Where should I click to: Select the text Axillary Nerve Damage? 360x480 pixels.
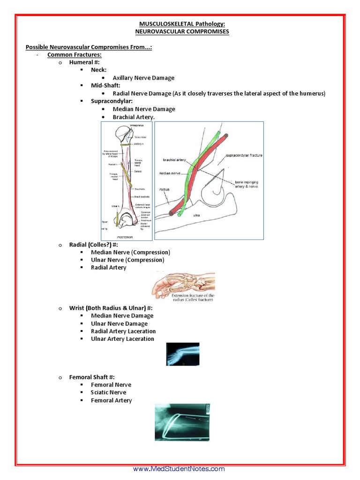tap(143, 78)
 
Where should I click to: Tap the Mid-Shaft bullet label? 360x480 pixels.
tap(105, 86)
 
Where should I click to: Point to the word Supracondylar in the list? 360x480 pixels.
tap(111, 101)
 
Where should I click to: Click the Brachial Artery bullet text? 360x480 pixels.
tap(133, 117)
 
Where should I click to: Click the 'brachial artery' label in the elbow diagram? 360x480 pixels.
tap(175, 160)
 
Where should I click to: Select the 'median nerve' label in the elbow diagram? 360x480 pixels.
tap(170, 173)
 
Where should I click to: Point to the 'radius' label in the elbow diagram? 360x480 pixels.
tap(164, 190)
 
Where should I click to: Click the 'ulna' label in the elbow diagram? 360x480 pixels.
tap(197, 216)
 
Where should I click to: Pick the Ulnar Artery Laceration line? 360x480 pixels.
tap(122, 339)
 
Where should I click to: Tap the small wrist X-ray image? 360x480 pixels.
tap(183, 354)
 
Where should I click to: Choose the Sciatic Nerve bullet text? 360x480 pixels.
tap(108, 392)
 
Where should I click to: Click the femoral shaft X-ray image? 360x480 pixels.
tap(182, 423)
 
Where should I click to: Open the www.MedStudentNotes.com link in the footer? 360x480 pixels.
tap(179, 469)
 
